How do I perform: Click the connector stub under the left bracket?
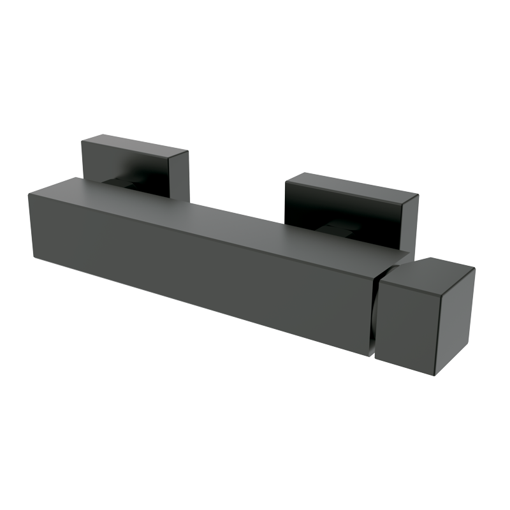point(124,183)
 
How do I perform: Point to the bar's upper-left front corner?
point(29,196)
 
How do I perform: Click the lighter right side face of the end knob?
point(454,319)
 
